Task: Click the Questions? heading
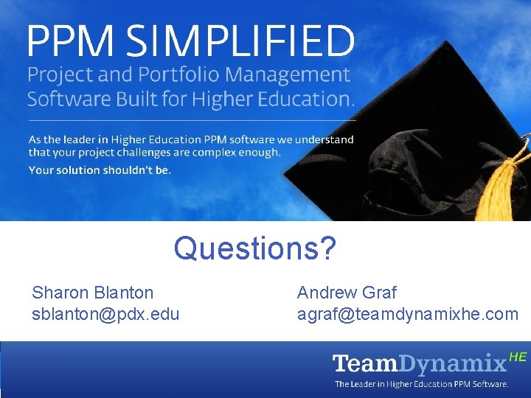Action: [255, 248]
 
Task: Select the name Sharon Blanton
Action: [93, 293]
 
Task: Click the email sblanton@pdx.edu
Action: [105, 314]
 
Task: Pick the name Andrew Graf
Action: [347, 293]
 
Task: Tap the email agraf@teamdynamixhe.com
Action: [408, 314]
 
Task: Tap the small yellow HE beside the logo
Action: [518, 357]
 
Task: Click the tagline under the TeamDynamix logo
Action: [421, 384]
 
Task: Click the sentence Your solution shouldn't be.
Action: [100, 170]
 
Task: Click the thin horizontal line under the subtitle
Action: [192, 119]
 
